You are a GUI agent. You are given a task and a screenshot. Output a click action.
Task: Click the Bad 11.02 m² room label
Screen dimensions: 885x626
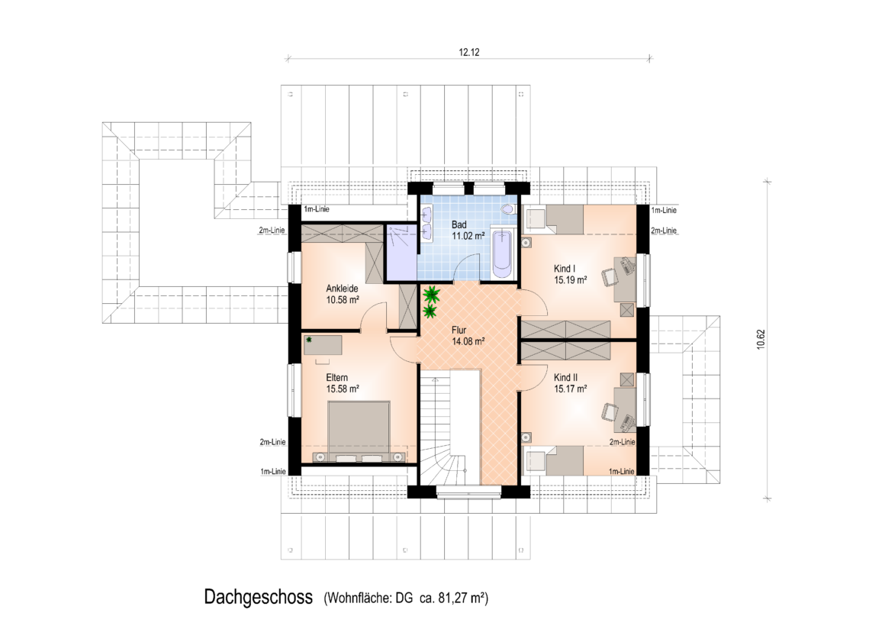coord(468,231)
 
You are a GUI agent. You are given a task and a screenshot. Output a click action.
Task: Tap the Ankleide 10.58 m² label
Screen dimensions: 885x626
coord(343,295)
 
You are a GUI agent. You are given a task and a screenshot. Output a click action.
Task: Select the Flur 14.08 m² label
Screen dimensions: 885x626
coord(468,336)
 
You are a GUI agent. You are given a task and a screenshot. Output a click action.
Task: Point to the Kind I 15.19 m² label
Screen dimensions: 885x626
coord(570,274)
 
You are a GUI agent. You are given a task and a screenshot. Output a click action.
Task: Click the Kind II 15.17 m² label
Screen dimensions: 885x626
coord(570,383)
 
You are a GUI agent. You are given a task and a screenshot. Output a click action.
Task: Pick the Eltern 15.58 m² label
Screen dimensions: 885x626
coord(343,383)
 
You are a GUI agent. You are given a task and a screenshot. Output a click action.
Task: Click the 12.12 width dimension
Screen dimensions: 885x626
coord(469,53)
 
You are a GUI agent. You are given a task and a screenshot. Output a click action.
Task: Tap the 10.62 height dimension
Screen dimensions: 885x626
coord(761,340)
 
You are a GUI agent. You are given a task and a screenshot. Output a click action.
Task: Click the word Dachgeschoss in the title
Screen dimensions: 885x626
coord(259,598)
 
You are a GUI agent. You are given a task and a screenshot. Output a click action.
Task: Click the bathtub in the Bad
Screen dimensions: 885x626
coord(502,253)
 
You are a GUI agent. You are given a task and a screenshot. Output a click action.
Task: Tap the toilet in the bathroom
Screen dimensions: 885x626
coord(508,209)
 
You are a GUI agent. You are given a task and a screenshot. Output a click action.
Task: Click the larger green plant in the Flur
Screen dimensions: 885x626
coord(432,294)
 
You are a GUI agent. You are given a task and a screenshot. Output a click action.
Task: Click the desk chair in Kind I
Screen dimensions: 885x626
coord(609,277)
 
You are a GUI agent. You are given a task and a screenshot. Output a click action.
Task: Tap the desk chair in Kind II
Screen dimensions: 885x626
coord(609,411)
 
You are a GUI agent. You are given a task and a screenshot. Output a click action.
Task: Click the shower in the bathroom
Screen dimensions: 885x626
coord(401,253)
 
